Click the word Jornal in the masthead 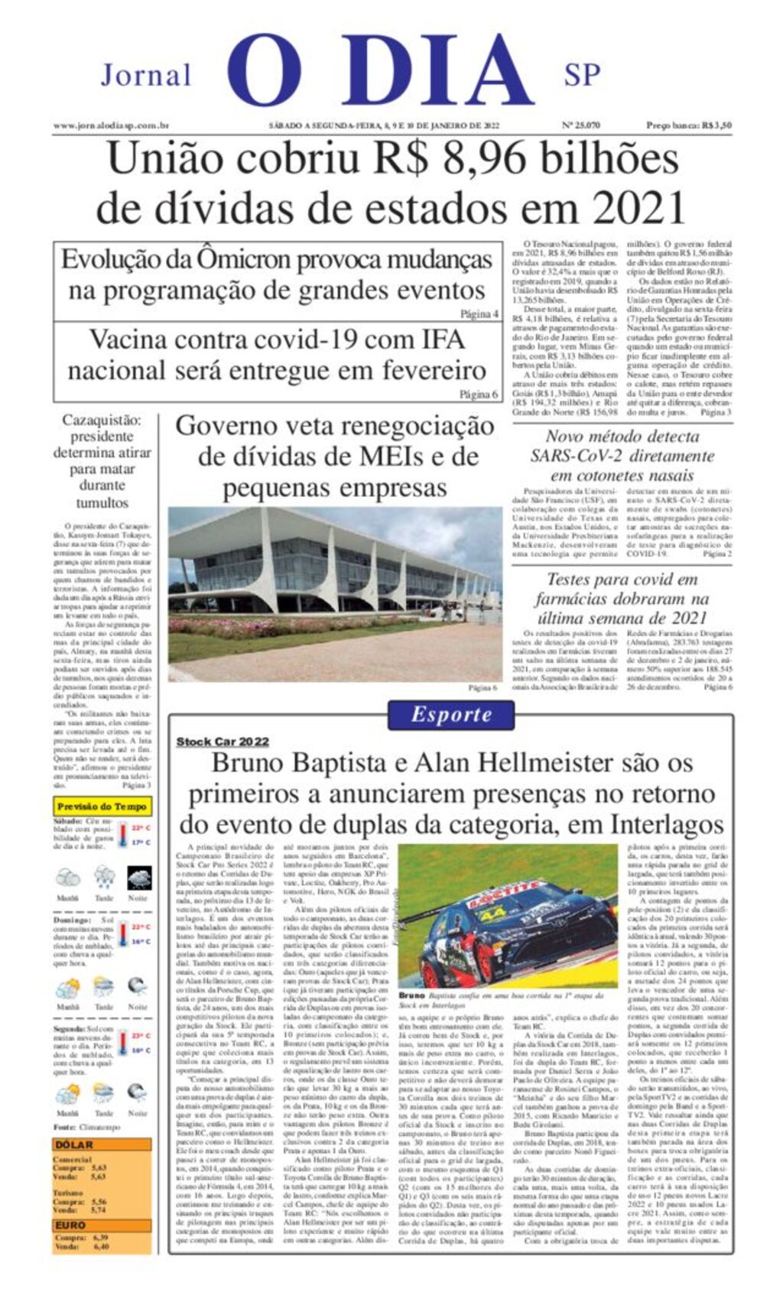point(145,76)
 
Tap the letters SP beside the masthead point(582,75)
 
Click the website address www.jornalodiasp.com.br point(111,125)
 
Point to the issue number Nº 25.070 point(581,125)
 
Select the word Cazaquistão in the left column point(102,420)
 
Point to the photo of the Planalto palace point(335,594)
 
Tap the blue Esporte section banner point(450,715)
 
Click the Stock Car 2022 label point(222,742)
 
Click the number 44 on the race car point(492,914)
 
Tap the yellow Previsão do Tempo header point(102,806)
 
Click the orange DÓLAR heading point(74,1145)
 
